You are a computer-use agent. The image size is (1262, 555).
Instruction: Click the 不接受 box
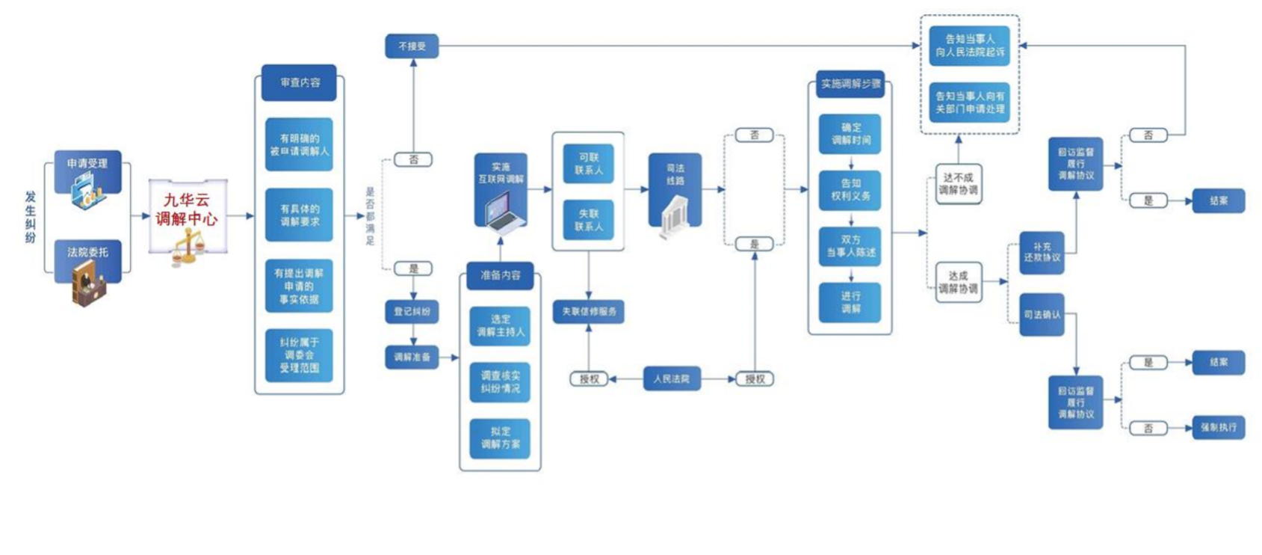(x=412, y=46)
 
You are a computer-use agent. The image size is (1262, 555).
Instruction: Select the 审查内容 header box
(x=299, y=83)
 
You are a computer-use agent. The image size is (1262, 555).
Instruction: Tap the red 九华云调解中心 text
(x=187, y=209)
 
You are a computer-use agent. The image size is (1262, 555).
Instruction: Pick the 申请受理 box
(x=87, y=164)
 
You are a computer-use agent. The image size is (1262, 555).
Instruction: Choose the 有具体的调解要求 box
(x=299, y=215)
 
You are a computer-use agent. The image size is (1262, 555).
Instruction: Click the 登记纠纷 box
(x=412, y=312)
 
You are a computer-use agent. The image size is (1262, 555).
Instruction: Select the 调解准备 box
(x=412, y=358)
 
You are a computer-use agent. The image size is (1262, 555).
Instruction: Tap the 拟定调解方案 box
(x=500, y=438)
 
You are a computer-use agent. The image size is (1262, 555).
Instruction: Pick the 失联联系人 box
(x=589, y=220)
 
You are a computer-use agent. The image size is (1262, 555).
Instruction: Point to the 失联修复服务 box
(x=589, y=312)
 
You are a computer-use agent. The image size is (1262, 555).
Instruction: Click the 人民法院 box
(x=672, y=379)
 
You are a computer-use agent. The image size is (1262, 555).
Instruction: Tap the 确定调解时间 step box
(x=850, y=134)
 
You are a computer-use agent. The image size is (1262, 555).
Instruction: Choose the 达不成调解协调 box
(x=958, y=184)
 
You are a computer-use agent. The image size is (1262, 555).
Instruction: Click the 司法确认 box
(x=1042, y=315)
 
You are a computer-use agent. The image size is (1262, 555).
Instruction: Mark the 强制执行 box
(x=1218, y=428)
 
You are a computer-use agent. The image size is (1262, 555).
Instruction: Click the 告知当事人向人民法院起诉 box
(x=969, y=46)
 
